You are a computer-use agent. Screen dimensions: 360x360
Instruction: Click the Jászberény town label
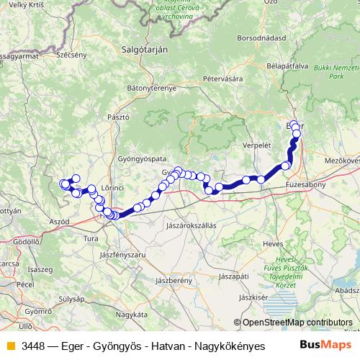click(x=173, y=279)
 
